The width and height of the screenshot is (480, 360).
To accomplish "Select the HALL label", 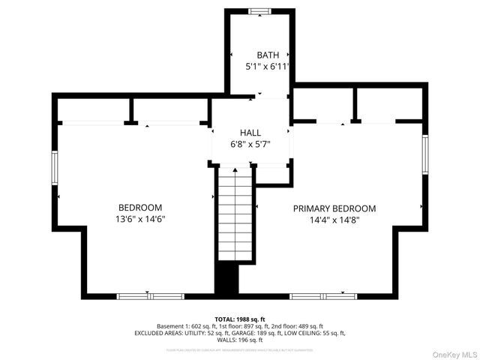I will click(250, 131).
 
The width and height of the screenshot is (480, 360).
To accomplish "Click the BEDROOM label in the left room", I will click(140, 208).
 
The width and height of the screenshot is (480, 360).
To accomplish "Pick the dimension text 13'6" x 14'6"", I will click(140, 220).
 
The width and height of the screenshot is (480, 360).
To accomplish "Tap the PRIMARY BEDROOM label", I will click(334, 208).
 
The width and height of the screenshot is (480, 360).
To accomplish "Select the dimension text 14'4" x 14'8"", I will click(334, 220).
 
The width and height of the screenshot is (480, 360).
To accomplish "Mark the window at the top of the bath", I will click(260, 10).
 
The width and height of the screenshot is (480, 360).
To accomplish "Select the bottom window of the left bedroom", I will click(150, 296).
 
